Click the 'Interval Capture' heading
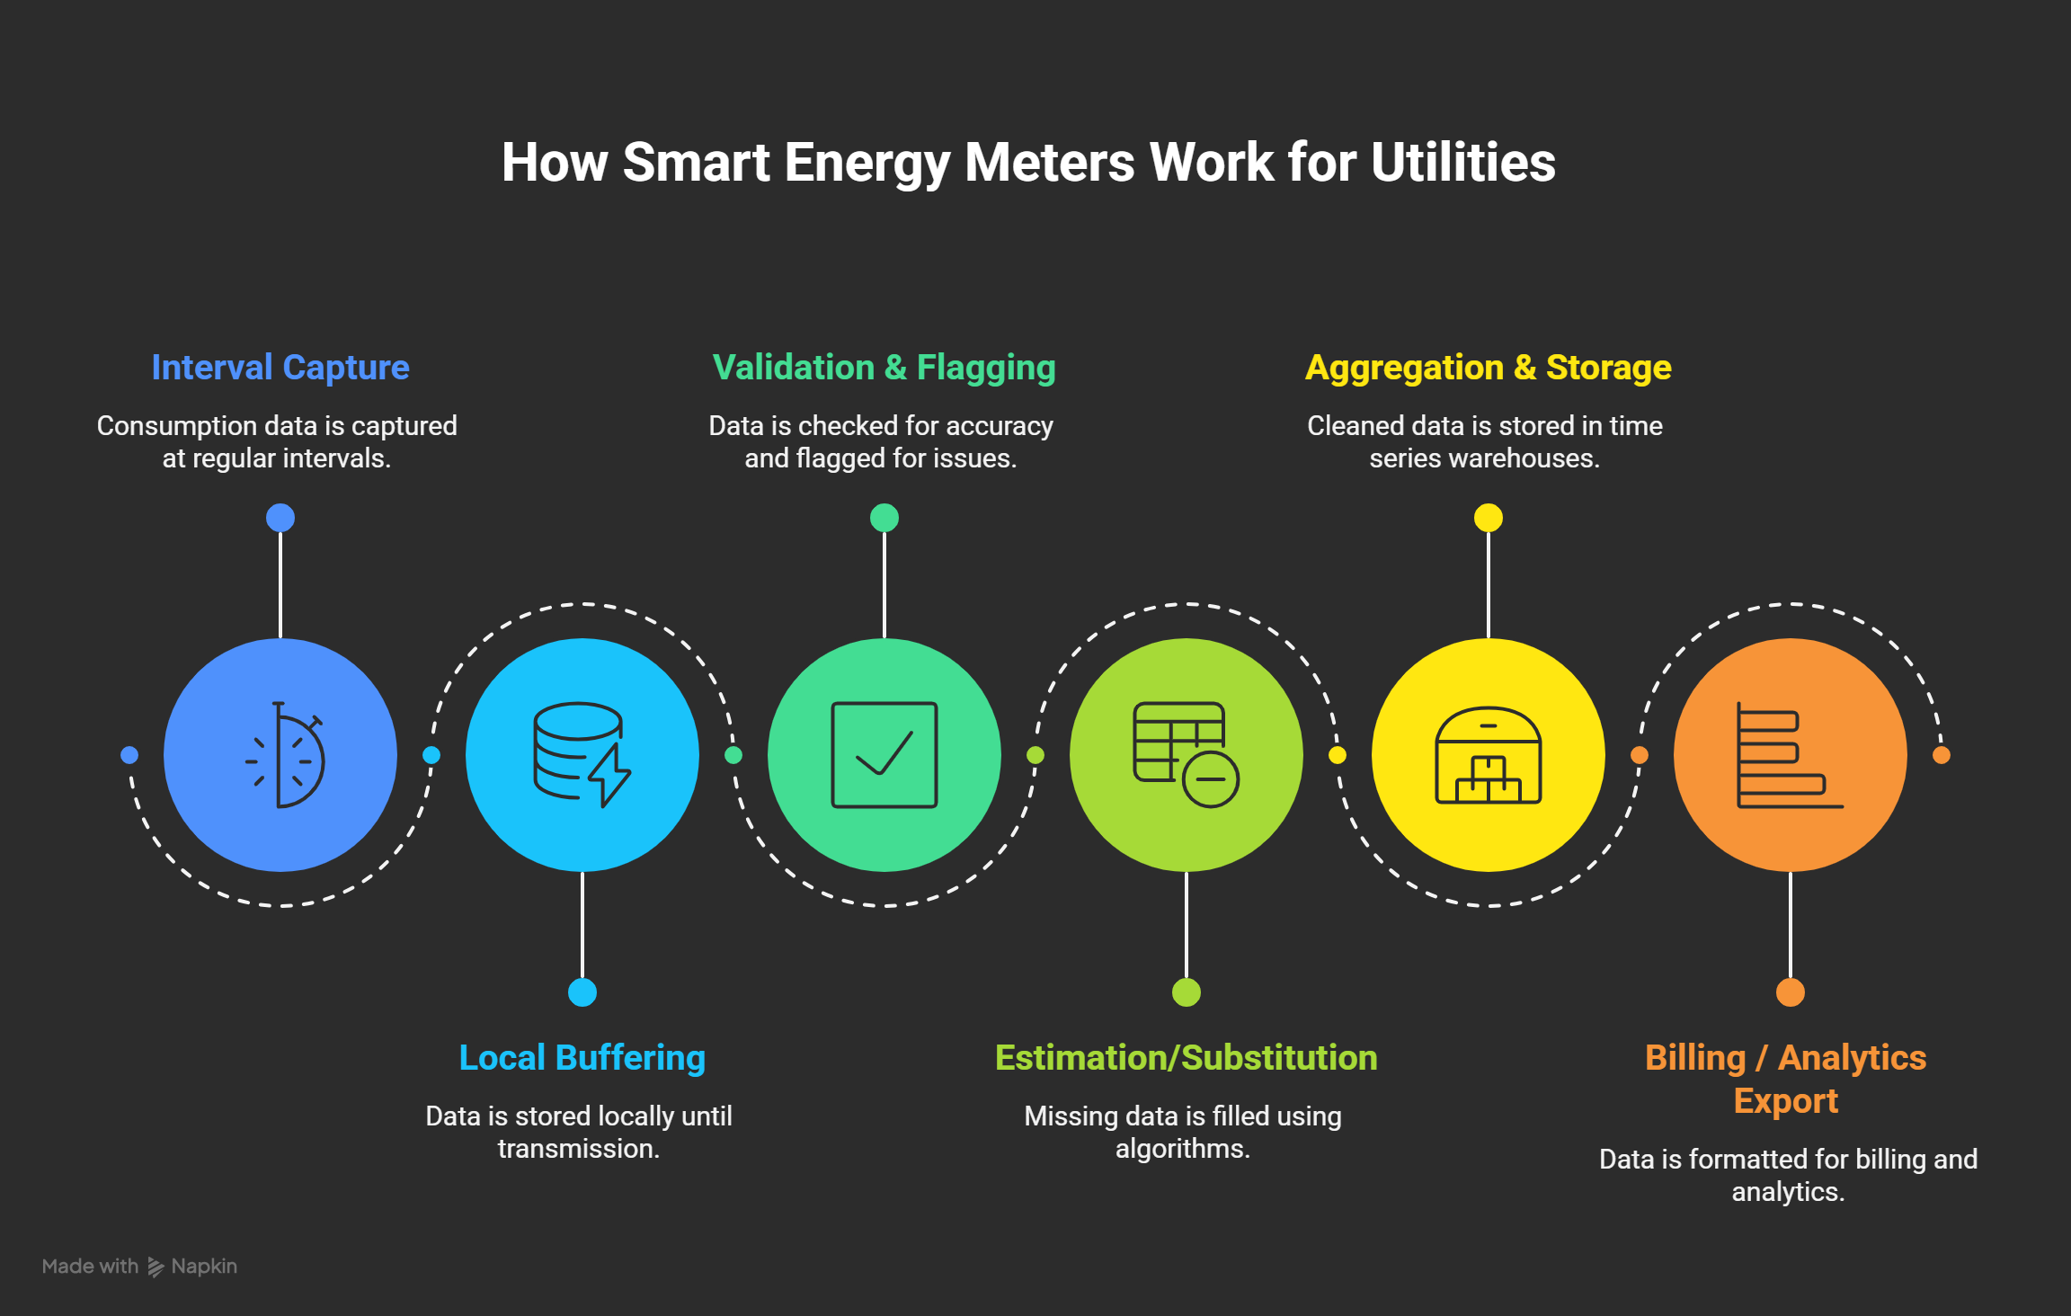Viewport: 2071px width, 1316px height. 280,368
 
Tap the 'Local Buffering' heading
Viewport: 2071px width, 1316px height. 582,1058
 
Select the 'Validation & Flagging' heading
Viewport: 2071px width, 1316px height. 884,368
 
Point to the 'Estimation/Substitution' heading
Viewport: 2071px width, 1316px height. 1186,1058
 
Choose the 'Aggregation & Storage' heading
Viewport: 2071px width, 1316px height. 1488,368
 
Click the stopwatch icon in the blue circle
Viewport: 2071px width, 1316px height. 284,755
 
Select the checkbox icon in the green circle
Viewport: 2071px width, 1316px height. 884,755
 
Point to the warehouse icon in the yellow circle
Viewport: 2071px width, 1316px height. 1488,755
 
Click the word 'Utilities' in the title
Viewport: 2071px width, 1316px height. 1462,163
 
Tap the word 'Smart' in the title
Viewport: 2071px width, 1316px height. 697,163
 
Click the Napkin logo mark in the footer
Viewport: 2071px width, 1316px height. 156,1267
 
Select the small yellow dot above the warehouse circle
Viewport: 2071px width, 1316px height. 1488,518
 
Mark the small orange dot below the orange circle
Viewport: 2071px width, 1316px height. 1790,992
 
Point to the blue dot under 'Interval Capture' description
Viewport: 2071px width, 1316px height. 280,518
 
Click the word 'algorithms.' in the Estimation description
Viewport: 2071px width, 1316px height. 1182,1149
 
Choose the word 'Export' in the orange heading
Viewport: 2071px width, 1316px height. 1786,1101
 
